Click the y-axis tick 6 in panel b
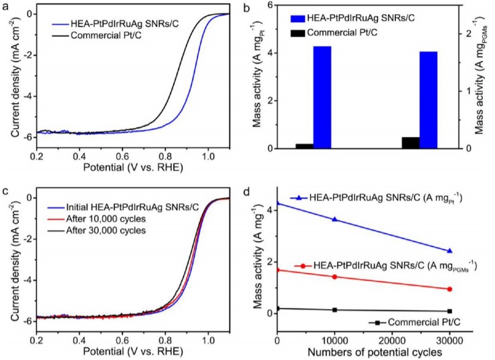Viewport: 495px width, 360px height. point(270,5)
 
